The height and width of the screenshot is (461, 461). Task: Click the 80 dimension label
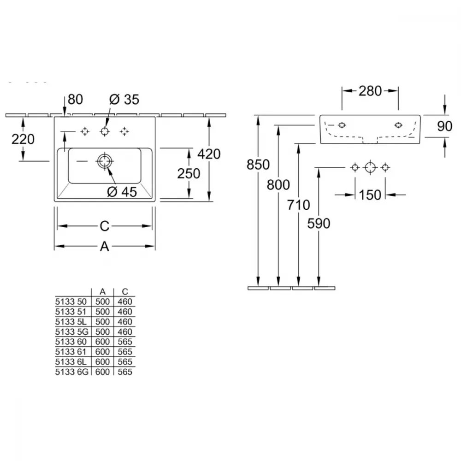[x=75, y=100]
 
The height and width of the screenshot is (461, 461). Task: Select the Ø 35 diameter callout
[x=124, y=100]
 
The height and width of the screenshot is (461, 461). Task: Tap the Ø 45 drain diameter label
[x=122, y=192]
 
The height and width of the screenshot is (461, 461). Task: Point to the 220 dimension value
[x=23, y=139]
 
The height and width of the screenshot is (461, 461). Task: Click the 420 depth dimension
[x=209, y=154]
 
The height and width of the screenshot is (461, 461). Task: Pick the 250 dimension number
[x=189, y=173]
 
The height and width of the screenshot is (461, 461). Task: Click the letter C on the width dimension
[x=105, y=226]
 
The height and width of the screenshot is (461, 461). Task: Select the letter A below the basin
[x=104, y=246]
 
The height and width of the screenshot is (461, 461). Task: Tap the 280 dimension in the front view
[x=370, y=91]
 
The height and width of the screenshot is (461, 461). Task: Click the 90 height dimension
[x=444, y=126]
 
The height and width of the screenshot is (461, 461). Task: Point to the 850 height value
[x=258, y=165]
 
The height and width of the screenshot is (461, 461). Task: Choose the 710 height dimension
[x=298, y=205]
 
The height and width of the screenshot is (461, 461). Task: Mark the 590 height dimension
[x=319, y=224]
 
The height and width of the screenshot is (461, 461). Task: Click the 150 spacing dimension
[x=370, y=195]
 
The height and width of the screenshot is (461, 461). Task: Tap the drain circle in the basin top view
[x=104, y=161]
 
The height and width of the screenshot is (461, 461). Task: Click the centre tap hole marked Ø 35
[x=105, y=131]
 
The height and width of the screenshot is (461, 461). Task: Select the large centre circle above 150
[x=370, y=168]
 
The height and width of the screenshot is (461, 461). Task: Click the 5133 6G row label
[x=72, y=372]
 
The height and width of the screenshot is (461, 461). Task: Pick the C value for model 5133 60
[x=125, y=342]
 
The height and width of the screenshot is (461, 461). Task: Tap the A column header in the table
[x=102, y=292]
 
